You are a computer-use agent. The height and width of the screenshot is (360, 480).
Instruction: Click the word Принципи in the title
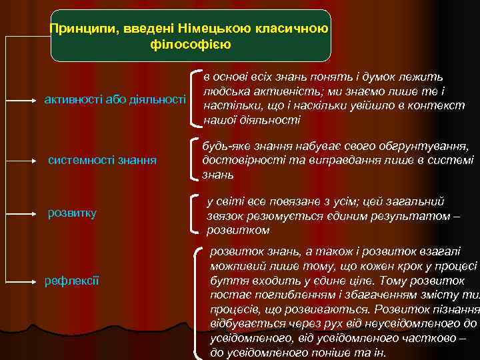[x=77, y=29]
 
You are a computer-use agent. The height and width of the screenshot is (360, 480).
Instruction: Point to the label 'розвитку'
[x=73, y=213]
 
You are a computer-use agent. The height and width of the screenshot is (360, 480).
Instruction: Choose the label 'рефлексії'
[x=73, y=281]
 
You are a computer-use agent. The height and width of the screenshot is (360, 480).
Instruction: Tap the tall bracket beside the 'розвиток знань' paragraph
[x=197, y=300]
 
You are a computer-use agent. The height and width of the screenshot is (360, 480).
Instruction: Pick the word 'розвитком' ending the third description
[x=238, y=230]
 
